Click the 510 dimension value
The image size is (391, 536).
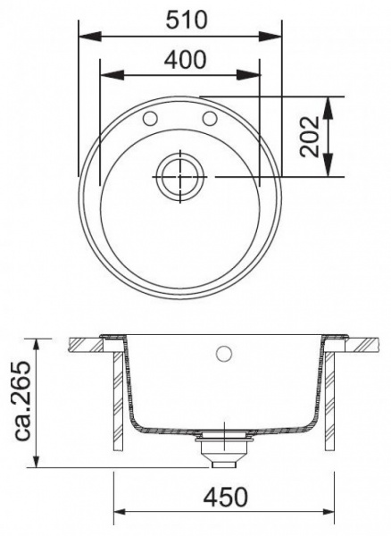(x=179, y=19)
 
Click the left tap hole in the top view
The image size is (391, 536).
(x=152, y=118)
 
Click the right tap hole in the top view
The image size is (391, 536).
(x=212, y=118)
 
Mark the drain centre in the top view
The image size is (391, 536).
(x=182, y=177)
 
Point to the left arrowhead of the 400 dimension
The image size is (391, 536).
(x=102, y=77)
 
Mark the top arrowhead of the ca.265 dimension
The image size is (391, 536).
(x=37, y=343)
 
